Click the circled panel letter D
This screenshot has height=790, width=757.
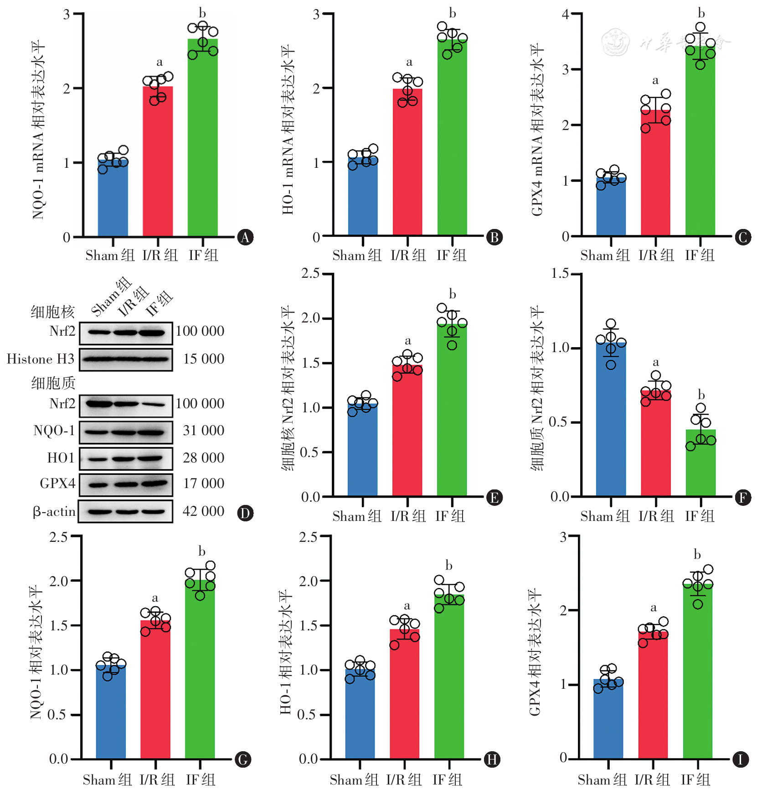245,513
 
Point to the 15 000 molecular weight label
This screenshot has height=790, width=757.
203,359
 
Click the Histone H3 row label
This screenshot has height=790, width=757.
40,359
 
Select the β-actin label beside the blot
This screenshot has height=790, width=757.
54,511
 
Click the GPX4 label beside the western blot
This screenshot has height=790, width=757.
57,483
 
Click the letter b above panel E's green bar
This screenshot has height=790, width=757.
452,294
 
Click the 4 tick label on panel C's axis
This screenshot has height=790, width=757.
566,14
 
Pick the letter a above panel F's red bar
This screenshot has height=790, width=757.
655,362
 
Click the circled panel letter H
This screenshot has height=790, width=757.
492,759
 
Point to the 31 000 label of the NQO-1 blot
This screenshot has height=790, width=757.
203,431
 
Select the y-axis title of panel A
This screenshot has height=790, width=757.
38,130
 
